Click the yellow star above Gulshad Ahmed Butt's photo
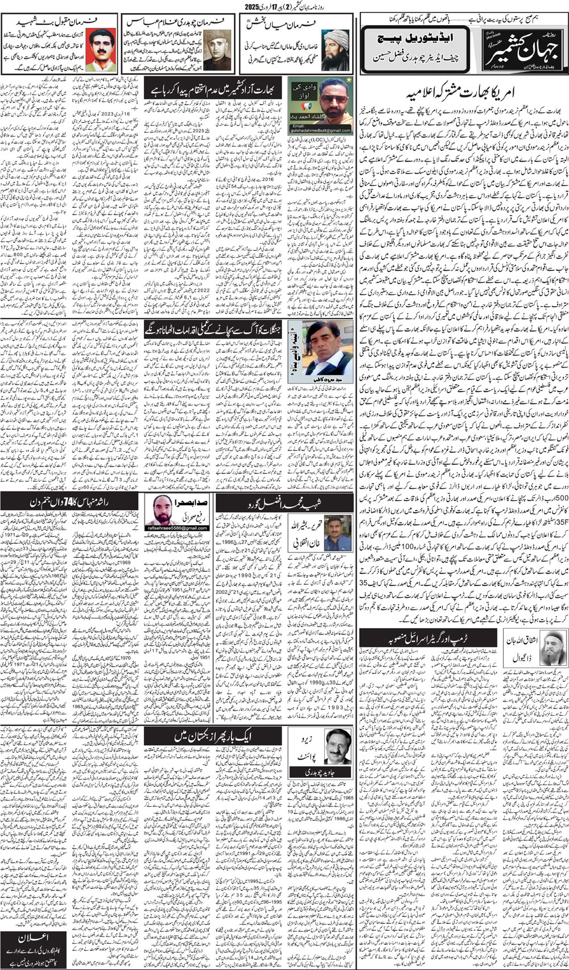click(349, 80)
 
